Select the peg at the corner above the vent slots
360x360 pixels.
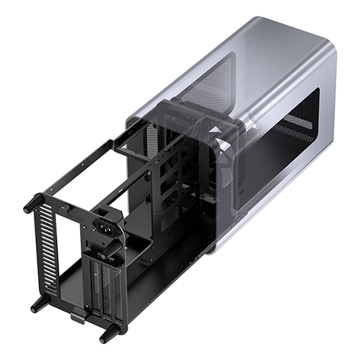click(x=31, y=204)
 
